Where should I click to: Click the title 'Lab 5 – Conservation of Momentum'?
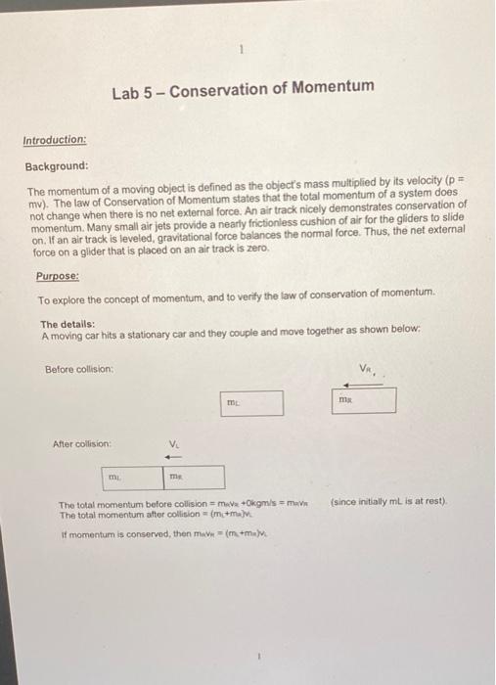click(243, 88)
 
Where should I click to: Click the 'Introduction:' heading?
click(55, 139)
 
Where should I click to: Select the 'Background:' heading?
click(56, 165)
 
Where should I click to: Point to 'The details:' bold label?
click(67, 324)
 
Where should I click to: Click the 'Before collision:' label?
click(79, 368)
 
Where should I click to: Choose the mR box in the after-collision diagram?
click(190, 478)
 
